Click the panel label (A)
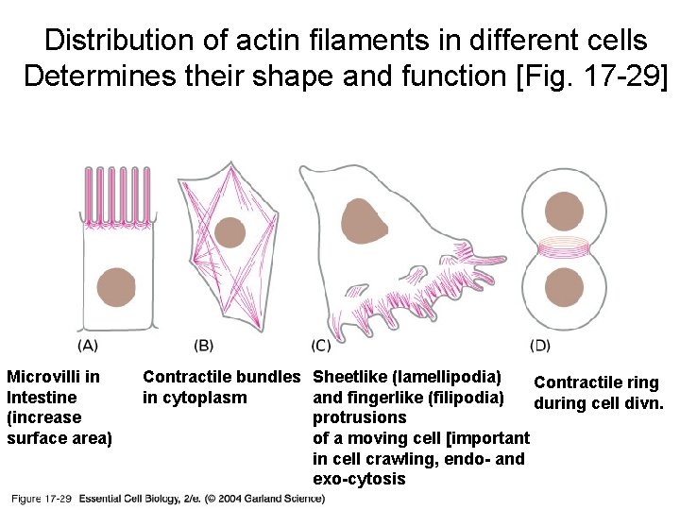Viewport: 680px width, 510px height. (x=89, y=346)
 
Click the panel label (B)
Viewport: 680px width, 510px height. (x=203, y=346)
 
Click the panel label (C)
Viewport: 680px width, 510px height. (x=320, y=346)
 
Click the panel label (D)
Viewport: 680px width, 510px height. (x=540, y=346)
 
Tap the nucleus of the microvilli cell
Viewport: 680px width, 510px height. (x=116, y=287)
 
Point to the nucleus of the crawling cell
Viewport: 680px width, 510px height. (x=365, y=222)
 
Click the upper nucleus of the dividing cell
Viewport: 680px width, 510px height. (x=564, y=213)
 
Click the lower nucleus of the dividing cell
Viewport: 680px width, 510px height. (x=564, y=287)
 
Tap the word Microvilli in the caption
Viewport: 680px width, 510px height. (x=53, y=377)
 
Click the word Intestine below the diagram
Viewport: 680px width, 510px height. (x=42, y=398)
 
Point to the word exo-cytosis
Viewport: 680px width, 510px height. (x=358, y=479)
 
